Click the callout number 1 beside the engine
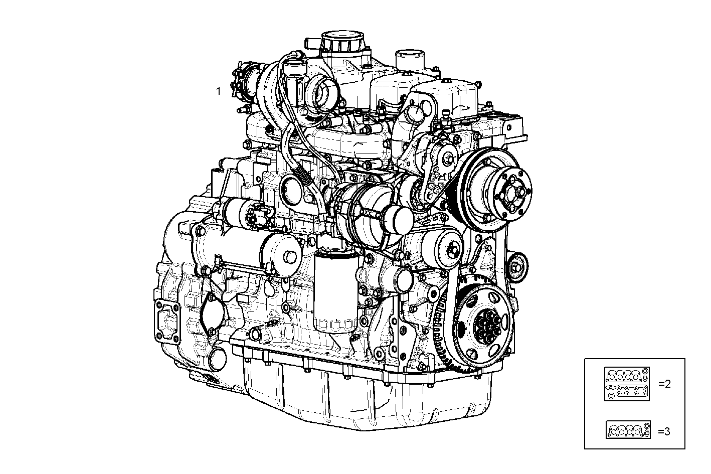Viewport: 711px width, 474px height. click(x=218, y=91)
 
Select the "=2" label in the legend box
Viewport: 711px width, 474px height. click(x=664, y=384)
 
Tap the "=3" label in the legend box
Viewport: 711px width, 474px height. click(x=664, y=431)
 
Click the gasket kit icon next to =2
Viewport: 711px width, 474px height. click(x=627, y=384)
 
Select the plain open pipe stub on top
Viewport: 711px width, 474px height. click(x=409, y=60)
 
